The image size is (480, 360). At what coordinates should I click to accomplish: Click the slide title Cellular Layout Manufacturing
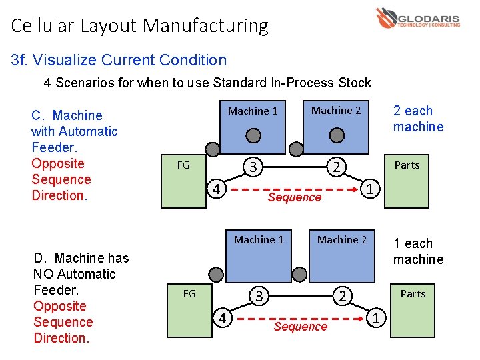click(140, 26)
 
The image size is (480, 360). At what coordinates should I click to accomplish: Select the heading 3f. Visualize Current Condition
click(119, 60)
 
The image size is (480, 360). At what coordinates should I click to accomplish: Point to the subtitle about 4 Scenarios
click(207, 83)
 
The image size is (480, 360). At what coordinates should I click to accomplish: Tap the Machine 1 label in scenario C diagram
click(253, 111)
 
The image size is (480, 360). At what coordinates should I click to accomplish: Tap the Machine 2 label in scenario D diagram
click(342, 239)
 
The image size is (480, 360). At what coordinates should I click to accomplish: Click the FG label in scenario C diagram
click(183, 165)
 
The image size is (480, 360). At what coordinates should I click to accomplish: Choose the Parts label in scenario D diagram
click(413, 293)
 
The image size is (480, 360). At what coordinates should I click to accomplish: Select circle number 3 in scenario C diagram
click(253, 166)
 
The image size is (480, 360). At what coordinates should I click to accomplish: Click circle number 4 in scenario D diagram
click(223, 318)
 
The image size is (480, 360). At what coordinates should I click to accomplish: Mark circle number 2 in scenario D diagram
click(342, 295)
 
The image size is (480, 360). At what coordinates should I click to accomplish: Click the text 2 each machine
click(418, 119)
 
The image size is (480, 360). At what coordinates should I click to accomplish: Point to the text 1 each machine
click(418, 251)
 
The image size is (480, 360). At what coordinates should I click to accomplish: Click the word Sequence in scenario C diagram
click(294, 197)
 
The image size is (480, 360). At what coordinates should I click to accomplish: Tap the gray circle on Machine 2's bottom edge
click(337, 135)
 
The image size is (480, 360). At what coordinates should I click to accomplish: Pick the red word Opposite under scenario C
click(58, 163)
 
